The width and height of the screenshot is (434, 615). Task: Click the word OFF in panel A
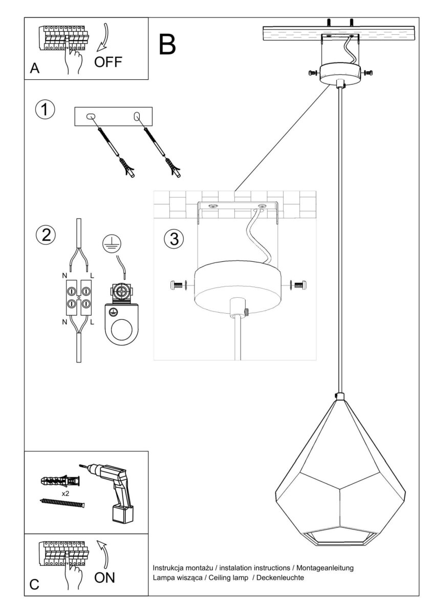click(x=108, y=62)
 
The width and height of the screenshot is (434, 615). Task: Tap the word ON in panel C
click(x=104, y=578)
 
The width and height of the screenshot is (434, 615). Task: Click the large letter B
click(x=167, y=45)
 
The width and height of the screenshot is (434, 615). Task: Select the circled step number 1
click(x=45, y=109)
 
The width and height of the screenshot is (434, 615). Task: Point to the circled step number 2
click(x=46, y=235)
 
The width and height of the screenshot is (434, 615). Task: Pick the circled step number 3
click(x=174, y=239)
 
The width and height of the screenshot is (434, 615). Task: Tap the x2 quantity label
click(x=65, y=494)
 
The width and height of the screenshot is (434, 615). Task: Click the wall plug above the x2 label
click(x=60, y=481)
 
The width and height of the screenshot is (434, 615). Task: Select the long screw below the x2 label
click(x=62, y=503)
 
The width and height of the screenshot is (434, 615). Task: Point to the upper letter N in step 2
click(x=64, y=276)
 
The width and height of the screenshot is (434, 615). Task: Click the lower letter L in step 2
click(x=92, y=322)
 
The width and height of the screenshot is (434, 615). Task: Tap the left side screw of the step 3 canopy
click(x=178, y=285)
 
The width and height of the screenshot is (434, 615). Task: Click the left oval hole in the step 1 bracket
click(x=90, y=116)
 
